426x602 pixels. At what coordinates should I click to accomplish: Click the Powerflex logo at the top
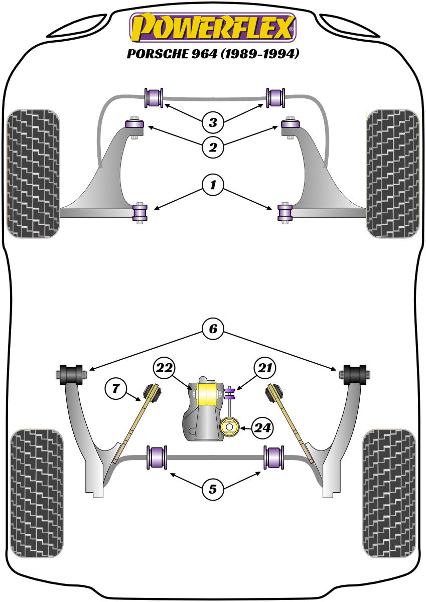pos(213,28)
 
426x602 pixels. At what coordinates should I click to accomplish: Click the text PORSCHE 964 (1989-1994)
pos(213,54)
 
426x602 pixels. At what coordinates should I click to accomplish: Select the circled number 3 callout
pos(213,122)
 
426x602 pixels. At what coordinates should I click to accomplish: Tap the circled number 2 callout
pos(213,147)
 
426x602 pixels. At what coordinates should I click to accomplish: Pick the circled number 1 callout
pos(213,186)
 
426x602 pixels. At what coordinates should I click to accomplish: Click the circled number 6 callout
pos(213,329)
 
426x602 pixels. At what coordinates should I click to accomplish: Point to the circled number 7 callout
pos(116,388)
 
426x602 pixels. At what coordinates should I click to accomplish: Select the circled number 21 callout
pos(264,369)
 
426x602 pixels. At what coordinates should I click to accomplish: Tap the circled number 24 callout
pos(263,428)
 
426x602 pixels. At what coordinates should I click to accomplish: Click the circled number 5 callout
pos(213,488)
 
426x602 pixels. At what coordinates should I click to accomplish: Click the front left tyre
pos(34,174)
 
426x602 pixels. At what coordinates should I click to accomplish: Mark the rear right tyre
pos(389,493)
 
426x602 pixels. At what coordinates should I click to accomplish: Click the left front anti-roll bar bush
pos(154,98)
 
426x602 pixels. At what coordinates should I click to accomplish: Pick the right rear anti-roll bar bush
pos(274,458)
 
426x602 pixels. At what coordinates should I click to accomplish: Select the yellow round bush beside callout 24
pos(230,427)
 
